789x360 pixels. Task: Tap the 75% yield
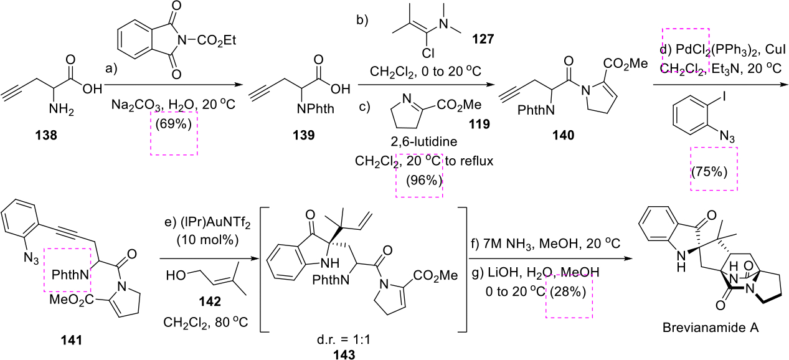[711, 171]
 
